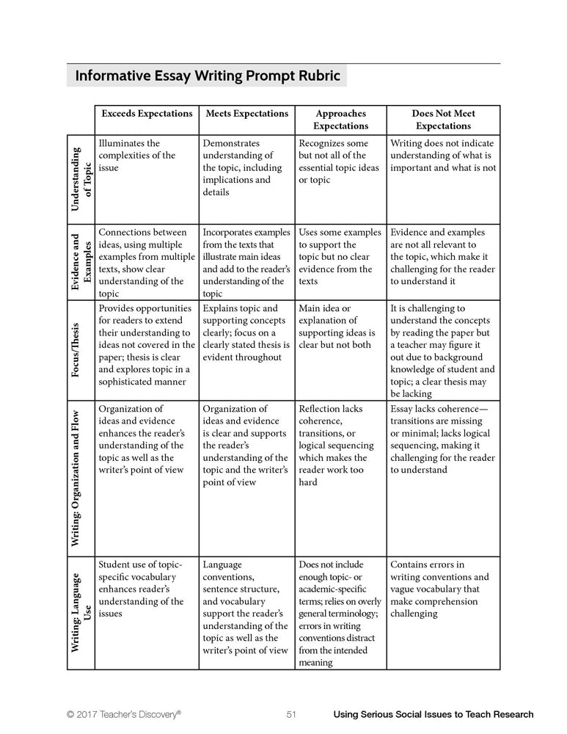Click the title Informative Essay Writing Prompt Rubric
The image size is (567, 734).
point(208,76)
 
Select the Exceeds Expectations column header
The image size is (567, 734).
point(147,114)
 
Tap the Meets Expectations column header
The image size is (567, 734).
point(246,114)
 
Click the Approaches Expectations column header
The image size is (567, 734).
point(340,120)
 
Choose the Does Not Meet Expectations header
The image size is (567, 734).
point(443,120)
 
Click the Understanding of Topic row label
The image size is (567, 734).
point(80,179)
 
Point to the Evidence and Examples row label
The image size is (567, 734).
point(80,261)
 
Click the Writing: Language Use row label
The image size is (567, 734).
point(80,614)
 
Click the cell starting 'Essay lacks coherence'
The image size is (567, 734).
point(442,439)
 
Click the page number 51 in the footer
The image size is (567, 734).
point(291,714)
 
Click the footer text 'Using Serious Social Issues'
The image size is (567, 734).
point(433,714)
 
